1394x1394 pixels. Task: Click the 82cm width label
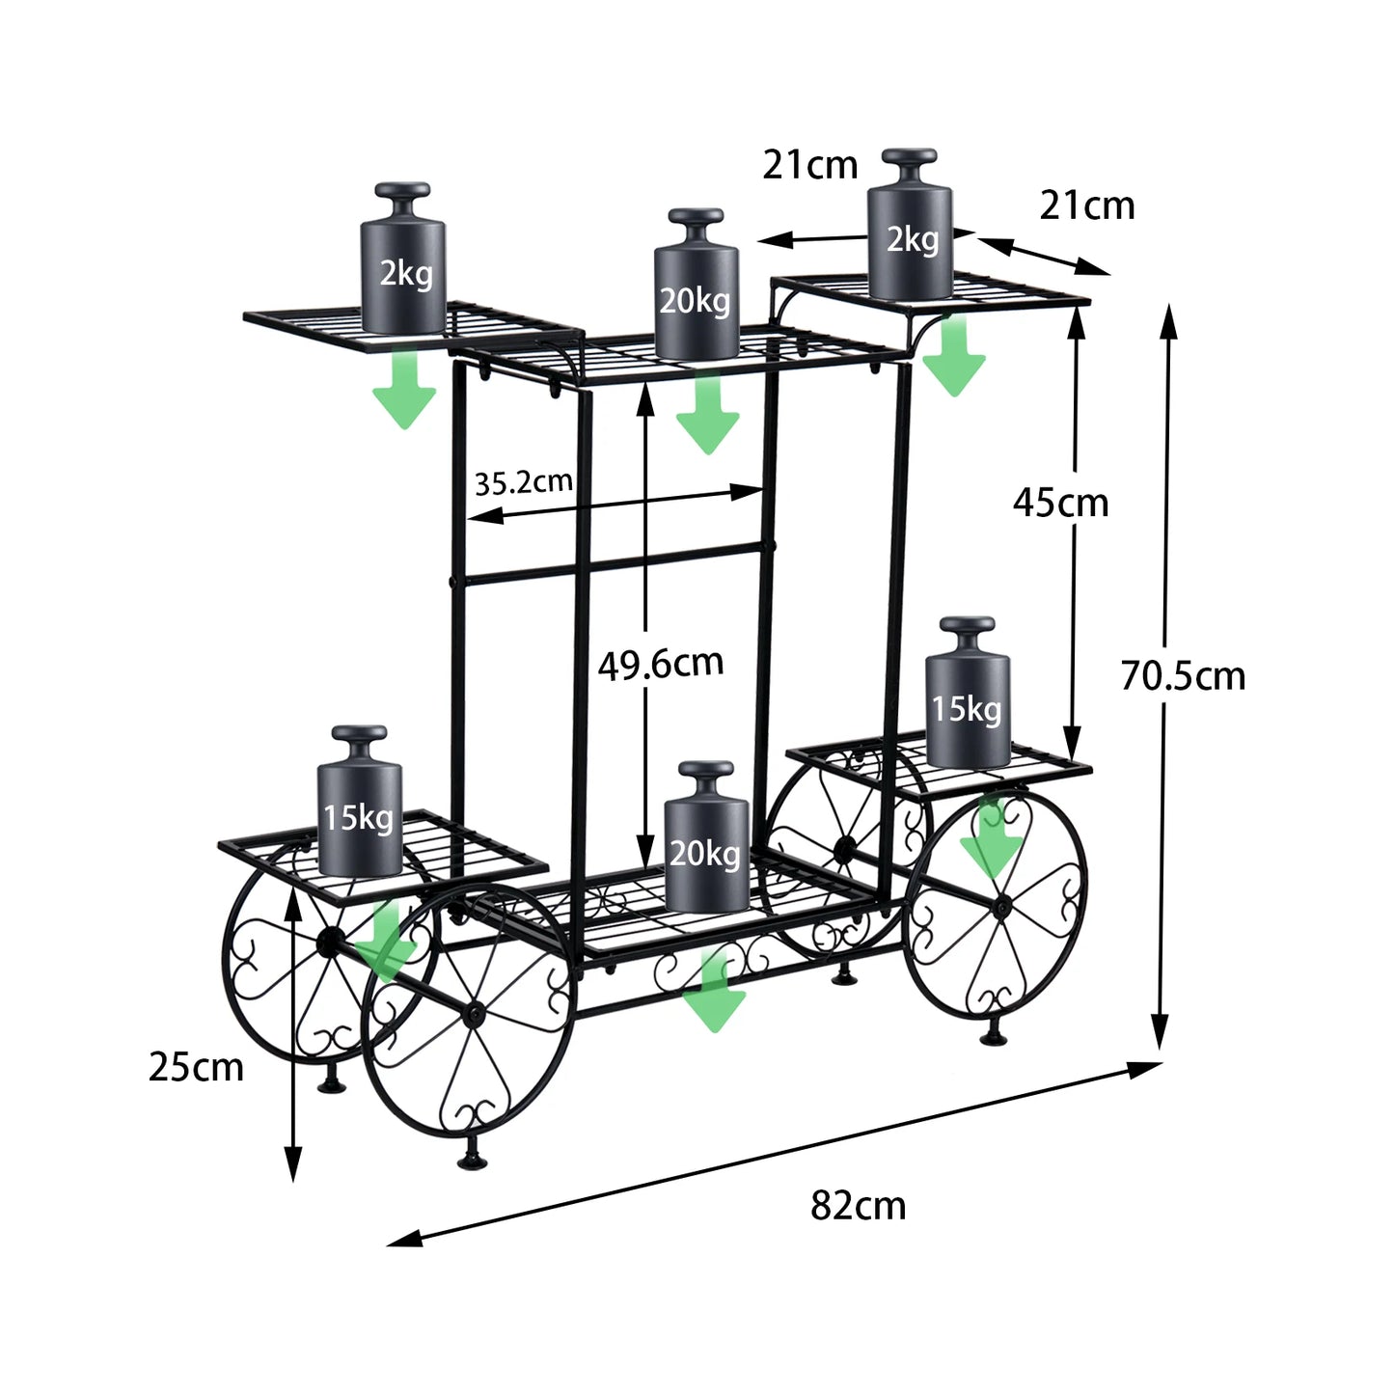click(858, 1206)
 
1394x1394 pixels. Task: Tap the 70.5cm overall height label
click(1183, 676)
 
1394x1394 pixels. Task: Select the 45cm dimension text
click(1060, 503)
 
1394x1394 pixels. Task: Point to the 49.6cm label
click(660, 664)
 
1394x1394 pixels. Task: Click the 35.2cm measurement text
click(523, 481)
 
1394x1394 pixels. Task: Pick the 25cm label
click(196, 1067)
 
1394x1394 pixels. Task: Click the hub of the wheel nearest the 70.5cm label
click(1002, 907)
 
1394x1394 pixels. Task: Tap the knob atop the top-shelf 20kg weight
click(696, 218)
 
